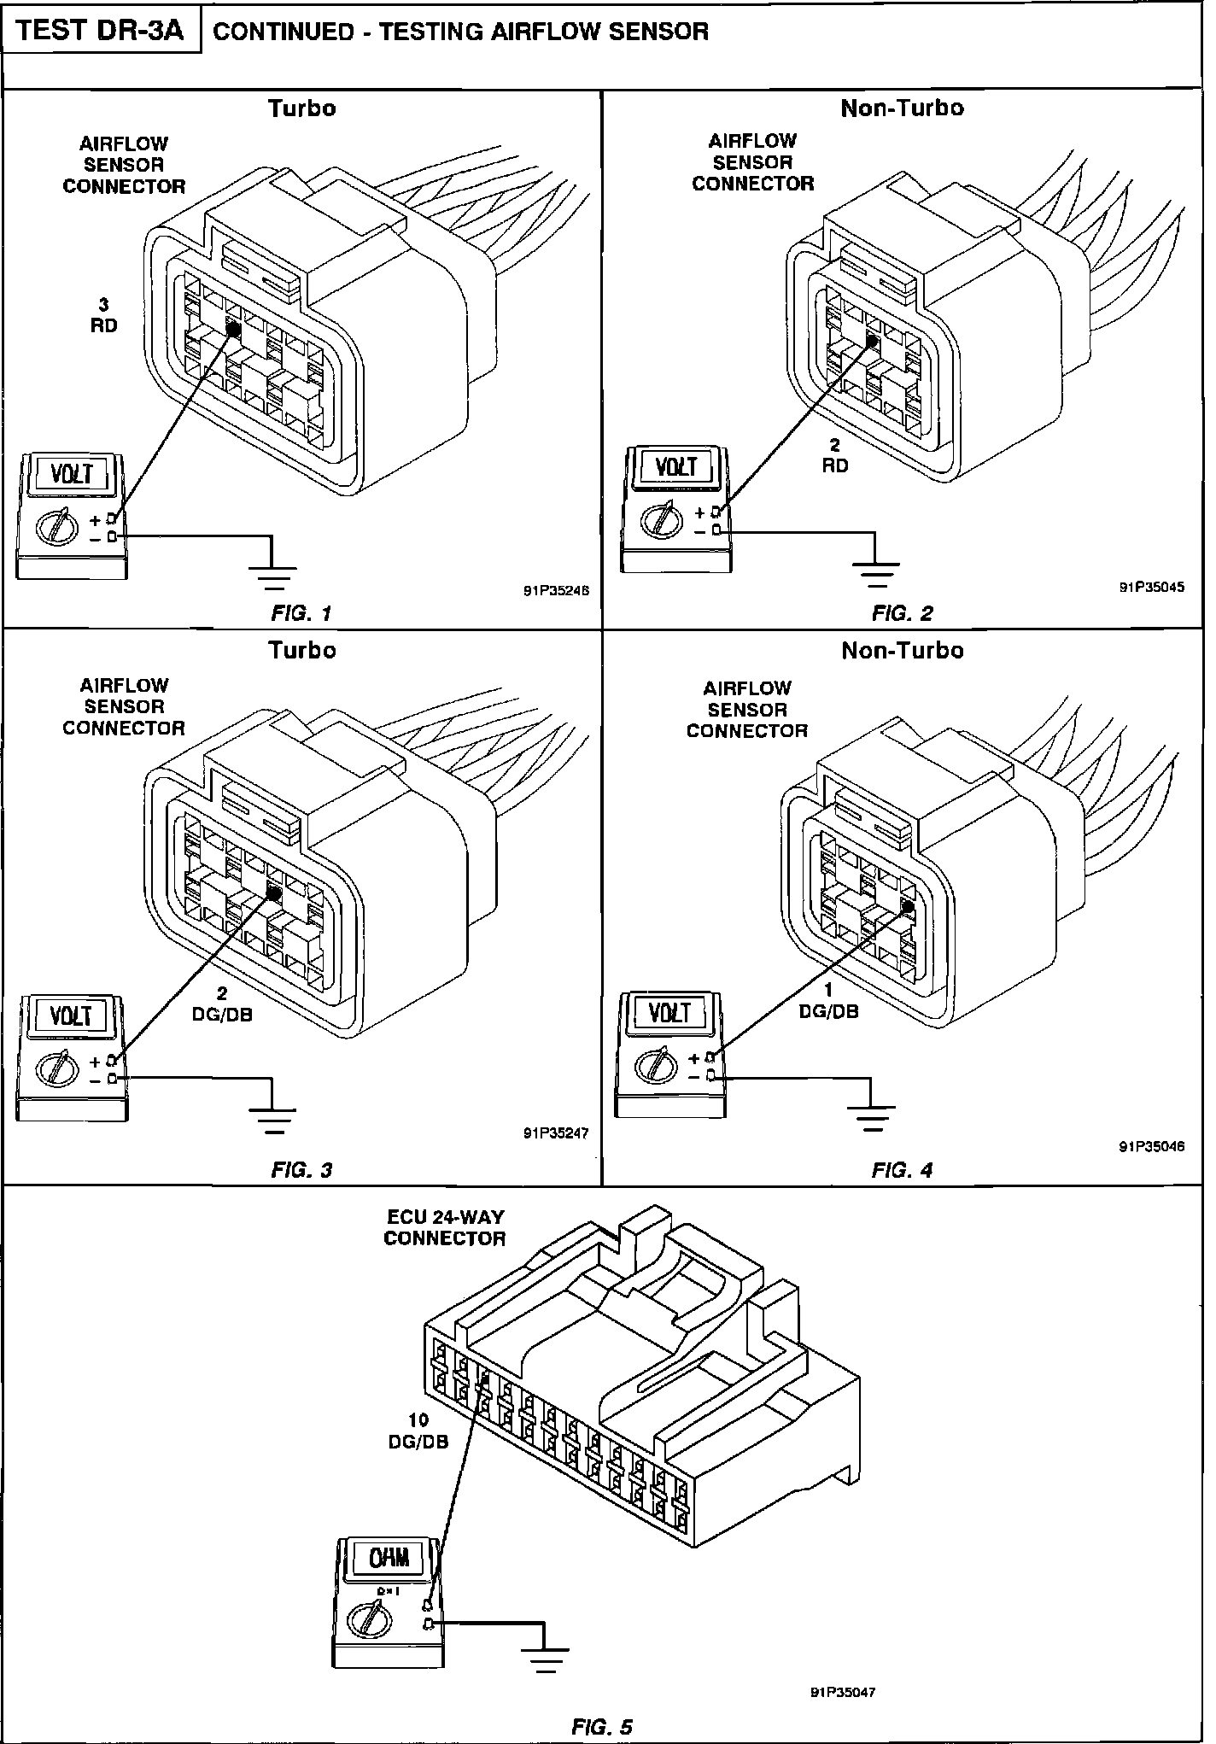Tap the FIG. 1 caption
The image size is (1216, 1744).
301,612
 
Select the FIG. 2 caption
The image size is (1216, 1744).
902,612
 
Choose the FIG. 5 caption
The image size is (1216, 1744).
601,1726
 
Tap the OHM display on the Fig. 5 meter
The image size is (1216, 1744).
389,1558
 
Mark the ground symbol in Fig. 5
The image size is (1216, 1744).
544,1658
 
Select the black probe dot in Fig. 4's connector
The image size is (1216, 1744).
907,907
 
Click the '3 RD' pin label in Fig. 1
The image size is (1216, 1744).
103,315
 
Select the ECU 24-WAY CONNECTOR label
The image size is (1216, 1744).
444,1227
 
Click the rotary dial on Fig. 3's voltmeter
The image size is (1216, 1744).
54,1070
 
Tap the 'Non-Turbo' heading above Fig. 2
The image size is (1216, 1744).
902,108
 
